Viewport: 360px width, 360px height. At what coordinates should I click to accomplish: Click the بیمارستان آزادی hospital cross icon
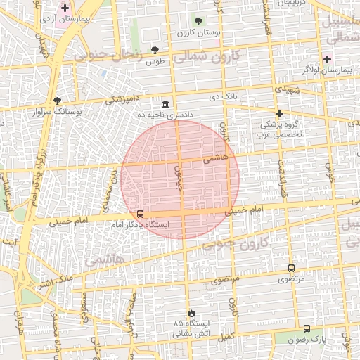pos(65,8)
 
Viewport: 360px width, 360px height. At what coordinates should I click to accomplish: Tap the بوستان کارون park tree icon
pos(198,20)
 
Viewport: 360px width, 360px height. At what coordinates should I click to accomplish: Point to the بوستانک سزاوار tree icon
pos(57,101)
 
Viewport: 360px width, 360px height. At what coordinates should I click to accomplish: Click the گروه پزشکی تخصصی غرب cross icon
pos(279,113)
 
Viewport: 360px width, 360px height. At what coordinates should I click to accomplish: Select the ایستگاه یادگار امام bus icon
pos(140,214)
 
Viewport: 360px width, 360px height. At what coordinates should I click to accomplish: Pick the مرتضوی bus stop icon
pos(291,268)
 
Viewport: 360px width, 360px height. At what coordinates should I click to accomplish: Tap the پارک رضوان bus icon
pos(307,328)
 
